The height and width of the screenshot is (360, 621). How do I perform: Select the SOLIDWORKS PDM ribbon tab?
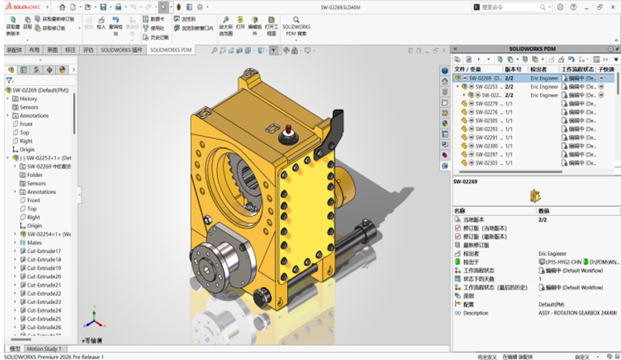pos(171,50)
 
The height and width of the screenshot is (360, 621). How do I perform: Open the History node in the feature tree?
pos(28,99)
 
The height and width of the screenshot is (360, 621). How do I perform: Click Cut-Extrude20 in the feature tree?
pos(44,276)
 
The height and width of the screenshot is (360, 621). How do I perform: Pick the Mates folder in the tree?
pos(34,242)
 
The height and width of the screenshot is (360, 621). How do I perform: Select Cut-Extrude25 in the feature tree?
pos(44,319)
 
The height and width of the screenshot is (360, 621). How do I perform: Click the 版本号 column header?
pos(516,68)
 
